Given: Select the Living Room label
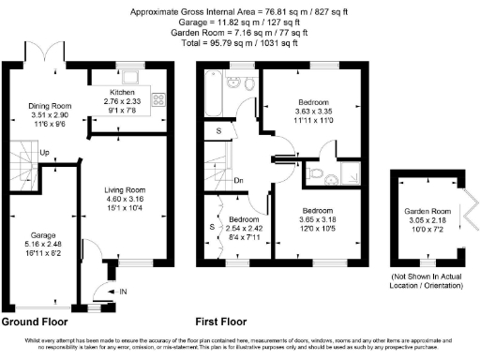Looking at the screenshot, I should coord(124,189).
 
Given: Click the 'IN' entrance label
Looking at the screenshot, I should coord(123,292).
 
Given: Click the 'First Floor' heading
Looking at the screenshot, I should coord(227,321).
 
